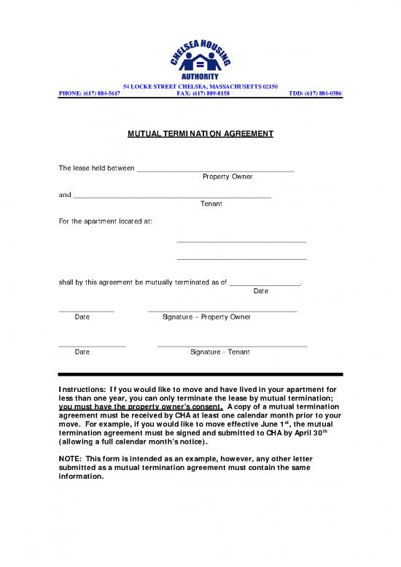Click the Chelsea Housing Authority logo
coord(200,51)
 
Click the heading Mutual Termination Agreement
coord(200,134)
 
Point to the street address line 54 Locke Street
coord(200,87)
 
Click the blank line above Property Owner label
coord(215,170)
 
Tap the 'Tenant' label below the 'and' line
coord(211,204)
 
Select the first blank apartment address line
coord(241,242)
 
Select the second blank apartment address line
coord(241,258)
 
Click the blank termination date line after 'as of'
coord(265,285)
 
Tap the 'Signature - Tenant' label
coord(219,352)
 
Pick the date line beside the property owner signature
coord(86,311)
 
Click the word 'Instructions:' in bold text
coord(82,390)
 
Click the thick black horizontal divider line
coord(200,374)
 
